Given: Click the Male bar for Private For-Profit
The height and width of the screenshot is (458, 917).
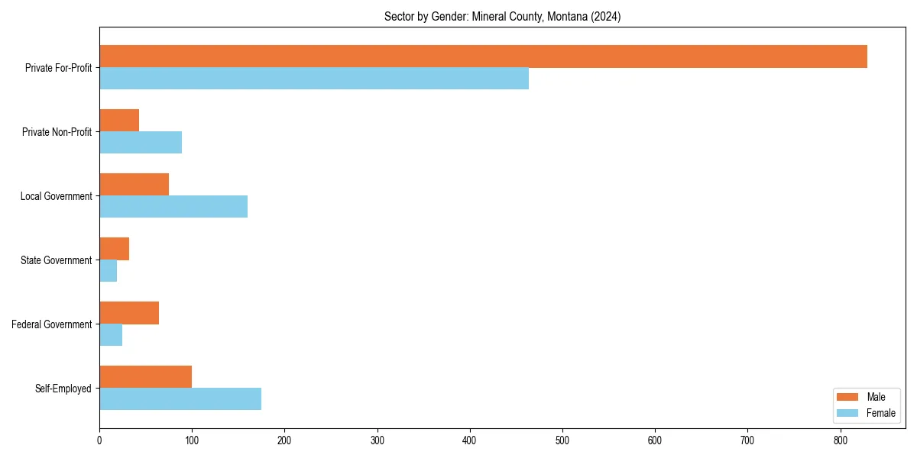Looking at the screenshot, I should (x=483, y=56).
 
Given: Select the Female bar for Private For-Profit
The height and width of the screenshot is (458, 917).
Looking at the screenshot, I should (x=314, y=79).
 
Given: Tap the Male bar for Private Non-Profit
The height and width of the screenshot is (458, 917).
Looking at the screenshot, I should (x=119, y=121).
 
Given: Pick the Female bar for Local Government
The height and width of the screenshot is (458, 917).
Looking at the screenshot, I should (x=173, y=207).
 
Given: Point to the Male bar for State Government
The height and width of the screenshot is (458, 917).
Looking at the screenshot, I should (x=115, y=249).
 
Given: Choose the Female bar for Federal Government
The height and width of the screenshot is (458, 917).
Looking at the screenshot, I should (x=111, y=335).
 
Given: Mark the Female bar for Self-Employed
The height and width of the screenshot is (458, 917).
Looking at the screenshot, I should (x=180, y=399).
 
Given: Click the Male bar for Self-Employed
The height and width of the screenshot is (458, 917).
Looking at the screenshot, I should (x=145, y=377).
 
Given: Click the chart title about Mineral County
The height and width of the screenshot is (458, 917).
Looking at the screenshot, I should (x=502, y=17).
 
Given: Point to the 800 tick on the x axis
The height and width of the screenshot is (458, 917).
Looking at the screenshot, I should (x=841, y=440).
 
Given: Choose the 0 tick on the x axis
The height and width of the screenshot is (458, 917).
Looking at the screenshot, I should (x=99, y=440).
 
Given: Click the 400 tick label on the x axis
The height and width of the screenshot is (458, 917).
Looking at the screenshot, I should (x=470, y=440).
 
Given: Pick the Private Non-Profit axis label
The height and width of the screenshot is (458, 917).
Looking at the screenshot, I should (x=57, y=132).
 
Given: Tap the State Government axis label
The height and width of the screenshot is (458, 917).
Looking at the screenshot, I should (x=56, y=260).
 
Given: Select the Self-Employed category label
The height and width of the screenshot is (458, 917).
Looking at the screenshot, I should (x=63, y=389).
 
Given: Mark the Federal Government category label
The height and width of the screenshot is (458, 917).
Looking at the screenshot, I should (x=52, y=324).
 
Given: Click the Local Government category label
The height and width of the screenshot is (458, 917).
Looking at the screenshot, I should (x=56, y=196).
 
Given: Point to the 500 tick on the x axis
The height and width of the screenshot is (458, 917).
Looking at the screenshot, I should (x=562, y=440).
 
